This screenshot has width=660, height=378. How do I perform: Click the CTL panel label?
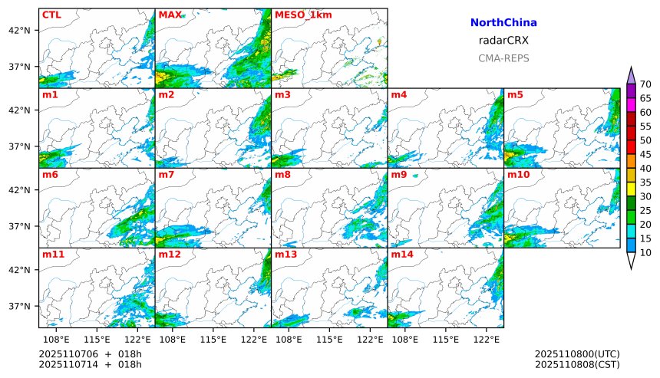(x=51, y=15)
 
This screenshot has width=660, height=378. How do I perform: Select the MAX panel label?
(x=170, y=15)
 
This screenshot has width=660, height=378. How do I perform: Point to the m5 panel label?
(x=515, y=95)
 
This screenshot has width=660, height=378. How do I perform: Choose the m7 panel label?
(x=166, y=175)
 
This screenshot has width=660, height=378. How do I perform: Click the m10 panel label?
(x=518, y=175)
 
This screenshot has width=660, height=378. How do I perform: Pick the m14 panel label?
(x=401, y=255)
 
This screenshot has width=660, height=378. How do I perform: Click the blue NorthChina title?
(x=503, y=23)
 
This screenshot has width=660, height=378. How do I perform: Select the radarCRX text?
(x=503, y=41)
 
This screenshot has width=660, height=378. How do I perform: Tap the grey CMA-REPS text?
(x=503, y=58)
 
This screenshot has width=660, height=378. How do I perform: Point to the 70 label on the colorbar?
(x=645, y=84)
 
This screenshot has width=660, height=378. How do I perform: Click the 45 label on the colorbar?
(x=645, y=154)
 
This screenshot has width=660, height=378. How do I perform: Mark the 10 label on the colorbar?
(x=645, y=252)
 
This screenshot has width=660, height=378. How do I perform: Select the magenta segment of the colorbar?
(x=632, y=104)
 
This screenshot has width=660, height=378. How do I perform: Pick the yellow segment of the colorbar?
(x=632, y=189)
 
